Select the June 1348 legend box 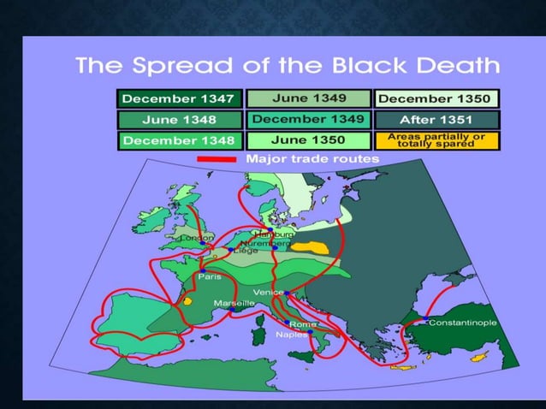pos(181,119)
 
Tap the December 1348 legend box pos(181,139)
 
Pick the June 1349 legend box pos(308,98)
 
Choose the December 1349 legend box pos(308,119)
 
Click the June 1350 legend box pos(308,139)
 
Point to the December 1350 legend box pos(435,98)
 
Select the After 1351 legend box pos(435,119)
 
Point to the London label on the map pos(196,237)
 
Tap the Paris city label pos(210,277)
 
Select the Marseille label pos(234,303)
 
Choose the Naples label pos(291,335)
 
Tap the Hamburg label pos(276,234)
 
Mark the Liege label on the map pos(245,251)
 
